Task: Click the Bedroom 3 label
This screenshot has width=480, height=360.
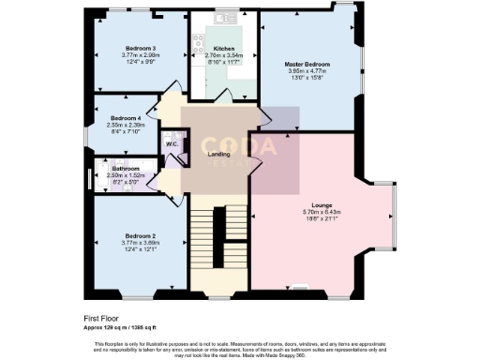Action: (141, 47)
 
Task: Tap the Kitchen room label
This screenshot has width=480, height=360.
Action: (223, 47)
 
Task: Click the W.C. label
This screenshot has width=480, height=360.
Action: (172, 143)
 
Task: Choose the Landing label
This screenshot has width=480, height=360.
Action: (218, 154)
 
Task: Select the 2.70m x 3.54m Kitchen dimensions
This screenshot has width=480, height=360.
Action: (223, 54)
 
